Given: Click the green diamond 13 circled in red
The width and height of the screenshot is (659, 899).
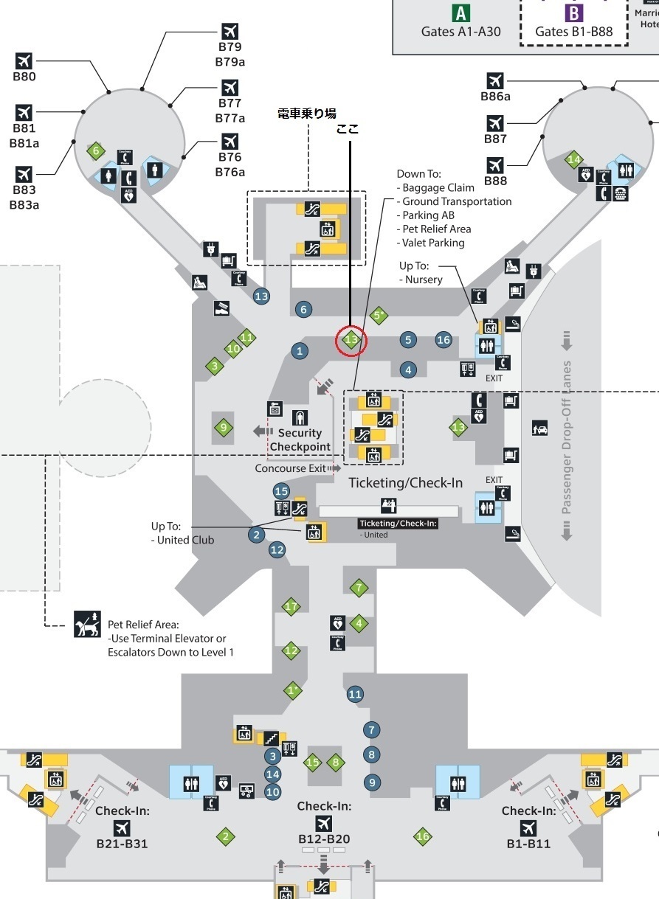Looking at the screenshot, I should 351,340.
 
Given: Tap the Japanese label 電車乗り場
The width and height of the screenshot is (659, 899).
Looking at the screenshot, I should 306,113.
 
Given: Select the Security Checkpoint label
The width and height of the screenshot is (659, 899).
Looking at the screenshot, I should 300,440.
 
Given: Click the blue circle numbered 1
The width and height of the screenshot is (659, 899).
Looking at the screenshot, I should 300,351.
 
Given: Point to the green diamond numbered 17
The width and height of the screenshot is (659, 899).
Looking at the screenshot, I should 291,607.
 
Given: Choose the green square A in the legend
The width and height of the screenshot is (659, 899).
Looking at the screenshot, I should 461,13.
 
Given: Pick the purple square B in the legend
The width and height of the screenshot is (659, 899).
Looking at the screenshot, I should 573,13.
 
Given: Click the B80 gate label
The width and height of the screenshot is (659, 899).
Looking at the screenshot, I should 24,76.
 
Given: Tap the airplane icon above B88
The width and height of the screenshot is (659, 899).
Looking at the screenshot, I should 495,164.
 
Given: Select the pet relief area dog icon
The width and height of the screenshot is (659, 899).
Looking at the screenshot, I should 88,624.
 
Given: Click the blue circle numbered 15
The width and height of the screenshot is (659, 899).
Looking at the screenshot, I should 281,490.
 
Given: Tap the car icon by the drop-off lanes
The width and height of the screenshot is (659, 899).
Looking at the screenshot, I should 539,428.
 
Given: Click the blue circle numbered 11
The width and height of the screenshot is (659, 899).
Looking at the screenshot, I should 355,694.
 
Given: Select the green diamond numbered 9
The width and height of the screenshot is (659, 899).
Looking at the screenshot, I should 223,427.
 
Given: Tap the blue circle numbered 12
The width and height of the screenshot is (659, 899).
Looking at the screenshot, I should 277,549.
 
